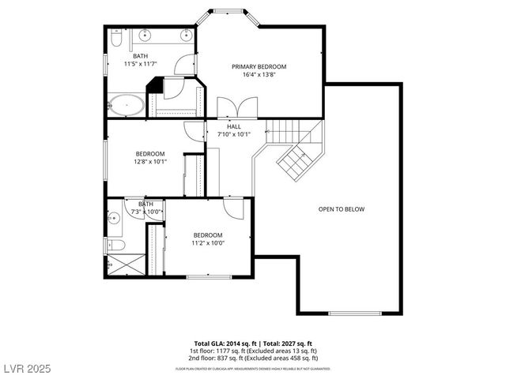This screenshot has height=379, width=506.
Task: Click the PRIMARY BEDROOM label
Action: [259, 67]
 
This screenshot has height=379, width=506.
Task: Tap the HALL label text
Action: [234, 126]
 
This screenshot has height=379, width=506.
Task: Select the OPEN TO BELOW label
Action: [342, 209]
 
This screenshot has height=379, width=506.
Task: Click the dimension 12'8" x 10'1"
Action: [149, 162]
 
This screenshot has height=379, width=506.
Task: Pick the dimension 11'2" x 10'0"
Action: [207, 243]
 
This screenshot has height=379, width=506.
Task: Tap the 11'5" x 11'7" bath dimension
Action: [140, 64]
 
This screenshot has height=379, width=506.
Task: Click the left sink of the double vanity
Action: [145, 35]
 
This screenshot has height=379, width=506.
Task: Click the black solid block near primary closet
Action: [154, 85]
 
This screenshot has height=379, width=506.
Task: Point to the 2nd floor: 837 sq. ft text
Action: [253, 358]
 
